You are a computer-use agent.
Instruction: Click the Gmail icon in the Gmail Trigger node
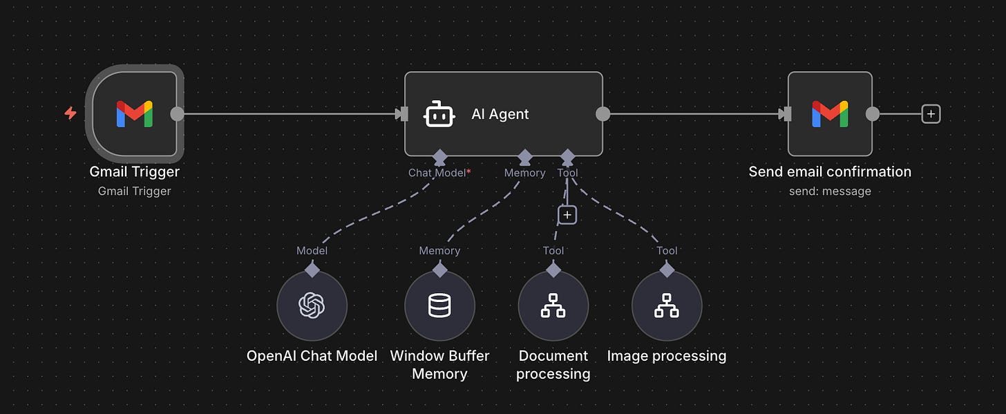coord(135,114)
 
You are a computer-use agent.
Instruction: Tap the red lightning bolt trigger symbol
coord(70,113)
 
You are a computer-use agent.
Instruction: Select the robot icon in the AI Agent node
coord(439,114)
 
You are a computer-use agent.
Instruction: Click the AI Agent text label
coord(500,114)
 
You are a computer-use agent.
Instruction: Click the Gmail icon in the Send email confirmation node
coord(830,114)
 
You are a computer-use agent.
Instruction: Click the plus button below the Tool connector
coord(567,215)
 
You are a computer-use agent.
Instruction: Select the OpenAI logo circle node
coord(312,305)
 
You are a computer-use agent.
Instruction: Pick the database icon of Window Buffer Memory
coord(439,305)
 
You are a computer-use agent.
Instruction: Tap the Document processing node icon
coord(553,305)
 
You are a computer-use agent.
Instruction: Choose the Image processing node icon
coord(667,305)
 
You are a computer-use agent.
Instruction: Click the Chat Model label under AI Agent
coord(437,173)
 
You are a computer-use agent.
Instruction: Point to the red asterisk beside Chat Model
coord(469,171)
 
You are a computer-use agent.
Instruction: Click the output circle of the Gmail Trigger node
coord(178,114)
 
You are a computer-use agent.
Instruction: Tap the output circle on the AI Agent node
coord(603,114)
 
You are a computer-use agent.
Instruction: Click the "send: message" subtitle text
coord(830,191)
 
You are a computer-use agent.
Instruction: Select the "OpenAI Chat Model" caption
coord(312,356)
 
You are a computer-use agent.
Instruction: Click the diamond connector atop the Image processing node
coord(667,270)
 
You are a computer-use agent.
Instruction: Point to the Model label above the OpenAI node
coord(312,251)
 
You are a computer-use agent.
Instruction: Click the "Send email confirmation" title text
coord(830,171)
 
